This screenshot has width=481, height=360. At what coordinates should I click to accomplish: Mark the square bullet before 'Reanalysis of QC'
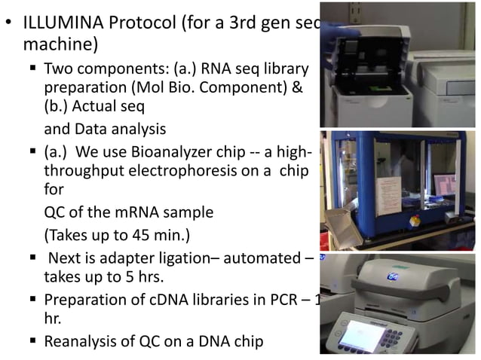click(x=35, y=342)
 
